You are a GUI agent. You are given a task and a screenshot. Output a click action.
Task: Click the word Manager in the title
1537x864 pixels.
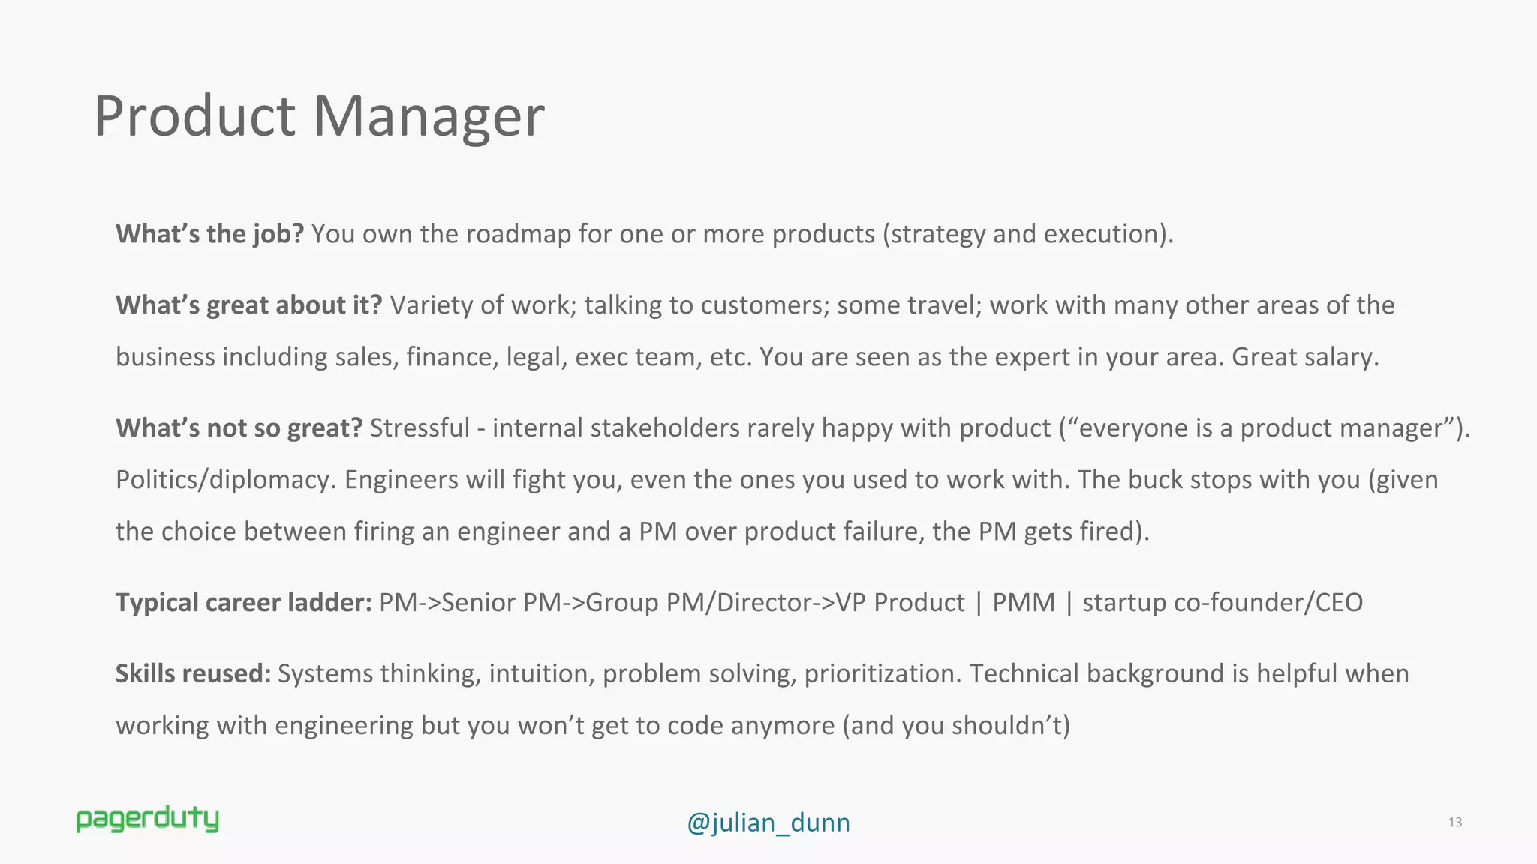coord(428,117)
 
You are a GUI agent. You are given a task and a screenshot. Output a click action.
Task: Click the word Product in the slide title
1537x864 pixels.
coord(194,117)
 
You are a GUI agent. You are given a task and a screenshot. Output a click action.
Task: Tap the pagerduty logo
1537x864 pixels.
coord(147,820)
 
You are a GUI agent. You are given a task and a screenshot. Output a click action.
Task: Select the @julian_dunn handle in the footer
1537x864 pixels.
coord(768,823)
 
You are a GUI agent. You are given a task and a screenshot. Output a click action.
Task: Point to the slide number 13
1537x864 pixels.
coord(1454,823)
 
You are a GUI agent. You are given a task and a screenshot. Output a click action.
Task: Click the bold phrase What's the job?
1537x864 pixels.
coord(209,234)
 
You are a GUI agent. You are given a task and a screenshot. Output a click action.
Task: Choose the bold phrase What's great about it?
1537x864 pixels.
coord(248,305)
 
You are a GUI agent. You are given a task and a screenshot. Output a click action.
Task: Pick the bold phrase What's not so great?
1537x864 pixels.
coord(239,428)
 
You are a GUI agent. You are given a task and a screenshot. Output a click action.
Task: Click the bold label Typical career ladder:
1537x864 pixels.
coord(243,603)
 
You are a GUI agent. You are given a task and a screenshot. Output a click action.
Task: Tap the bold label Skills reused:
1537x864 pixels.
coord(193,674)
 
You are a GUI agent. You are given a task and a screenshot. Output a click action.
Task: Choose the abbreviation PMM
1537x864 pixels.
coord(1024,603)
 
